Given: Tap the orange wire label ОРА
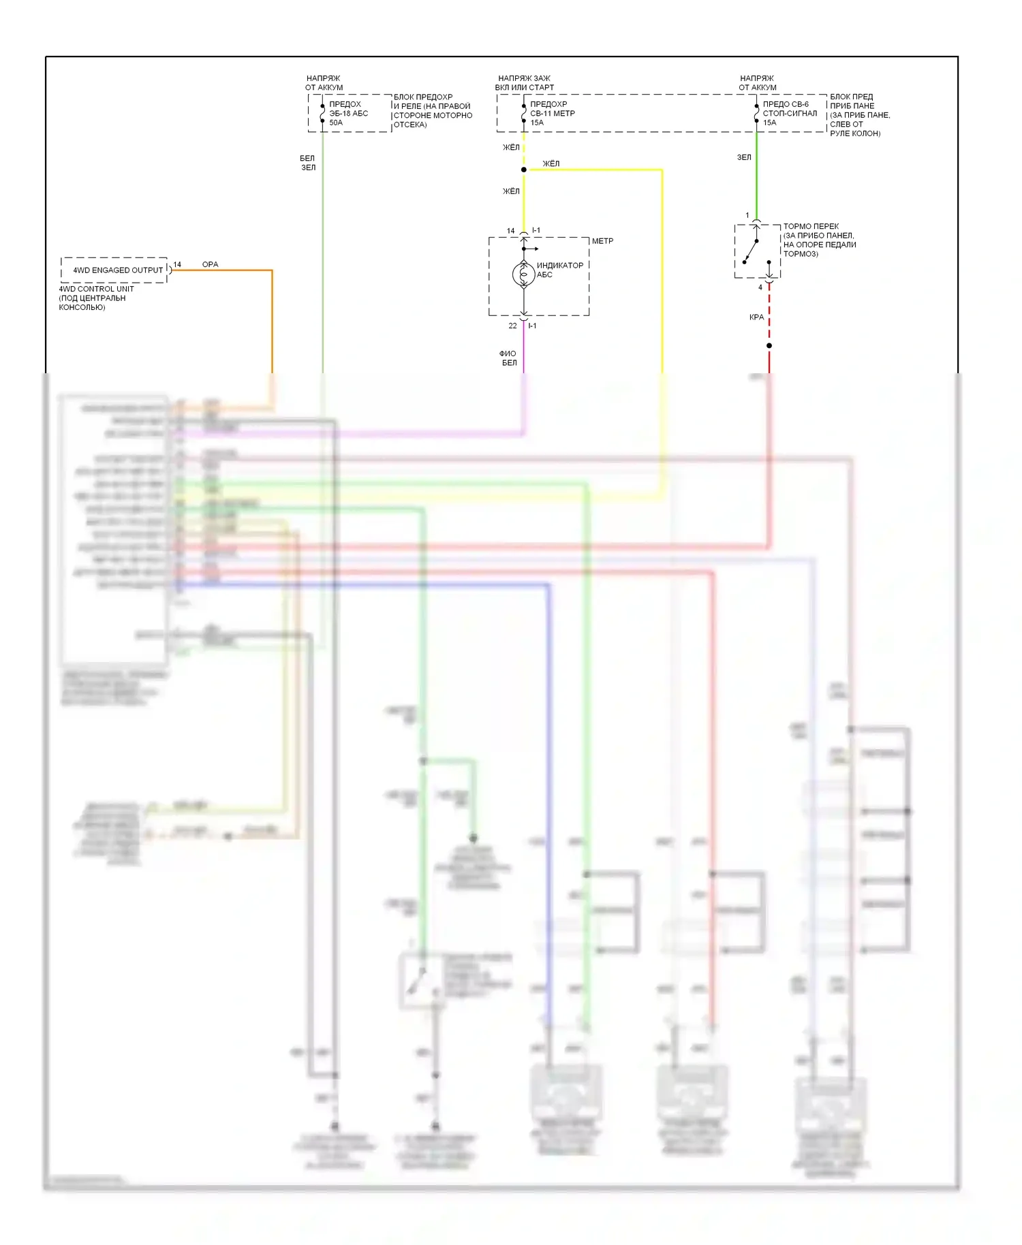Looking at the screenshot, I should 210,264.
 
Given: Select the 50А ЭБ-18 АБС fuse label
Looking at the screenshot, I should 348,114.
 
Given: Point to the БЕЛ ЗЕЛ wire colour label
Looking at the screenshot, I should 308,163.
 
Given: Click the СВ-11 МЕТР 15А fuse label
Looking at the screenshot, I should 552,114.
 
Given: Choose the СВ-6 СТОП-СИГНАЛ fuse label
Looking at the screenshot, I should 789,114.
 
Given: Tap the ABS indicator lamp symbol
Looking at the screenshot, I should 523,274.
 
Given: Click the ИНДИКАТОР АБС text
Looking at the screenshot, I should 559,270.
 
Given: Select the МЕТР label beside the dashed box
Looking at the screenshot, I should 602,241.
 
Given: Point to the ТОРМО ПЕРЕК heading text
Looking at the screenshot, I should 811,226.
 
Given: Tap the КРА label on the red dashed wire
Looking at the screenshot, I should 756,317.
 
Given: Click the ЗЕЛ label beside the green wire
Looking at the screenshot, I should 744,157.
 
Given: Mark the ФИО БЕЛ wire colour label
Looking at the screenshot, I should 508,358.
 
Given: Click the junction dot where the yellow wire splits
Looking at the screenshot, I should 523,170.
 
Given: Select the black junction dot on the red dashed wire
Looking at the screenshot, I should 769,346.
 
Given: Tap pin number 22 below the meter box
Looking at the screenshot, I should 512,326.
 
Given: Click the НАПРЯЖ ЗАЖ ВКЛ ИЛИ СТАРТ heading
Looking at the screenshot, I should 524,83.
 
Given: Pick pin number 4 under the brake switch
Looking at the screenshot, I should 760,287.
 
